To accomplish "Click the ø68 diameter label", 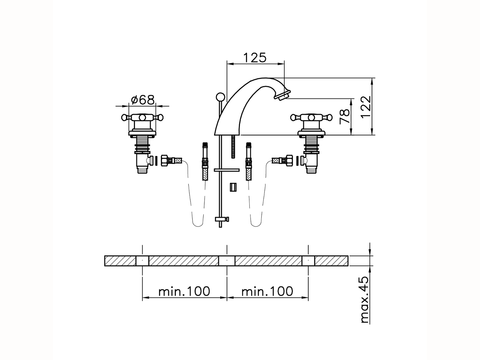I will [x=142, y=100].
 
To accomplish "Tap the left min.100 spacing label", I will [x=184, y=291].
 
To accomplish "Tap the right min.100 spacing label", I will [x=267, y=291].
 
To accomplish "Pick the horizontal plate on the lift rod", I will [x=226, y=170].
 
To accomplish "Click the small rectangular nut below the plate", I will [x=234, y=187].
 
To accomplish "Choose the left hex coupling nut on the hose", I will [x=165, y=160].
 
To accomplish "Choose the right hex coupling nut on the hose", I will [x=289, y=160].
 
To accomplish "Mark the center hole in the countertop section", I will [x=227, y=261].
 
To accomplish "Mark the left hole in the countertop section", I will [x=142, y=261].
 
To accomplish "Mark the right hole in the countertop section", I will [x=308, y=261].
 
